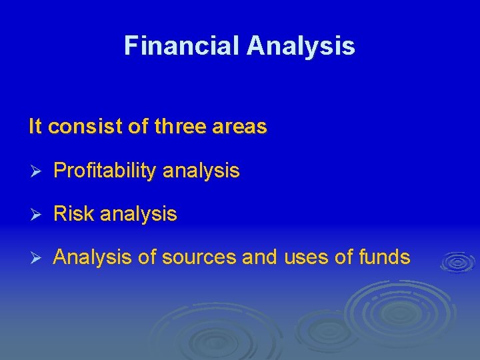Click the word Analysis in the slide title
(301, 46)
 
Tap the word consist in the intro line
(84, 127)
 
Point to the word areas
(241, 127)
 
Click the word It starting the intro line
(35, 127)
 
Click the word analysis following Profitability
(201, 171)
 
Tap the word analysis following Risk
(139, 215)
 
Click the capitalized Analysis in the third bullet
(92, 257)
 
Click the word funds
(385, 257)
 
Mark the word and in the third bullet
(259, 257)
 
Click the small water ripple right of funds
(457, 261)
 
